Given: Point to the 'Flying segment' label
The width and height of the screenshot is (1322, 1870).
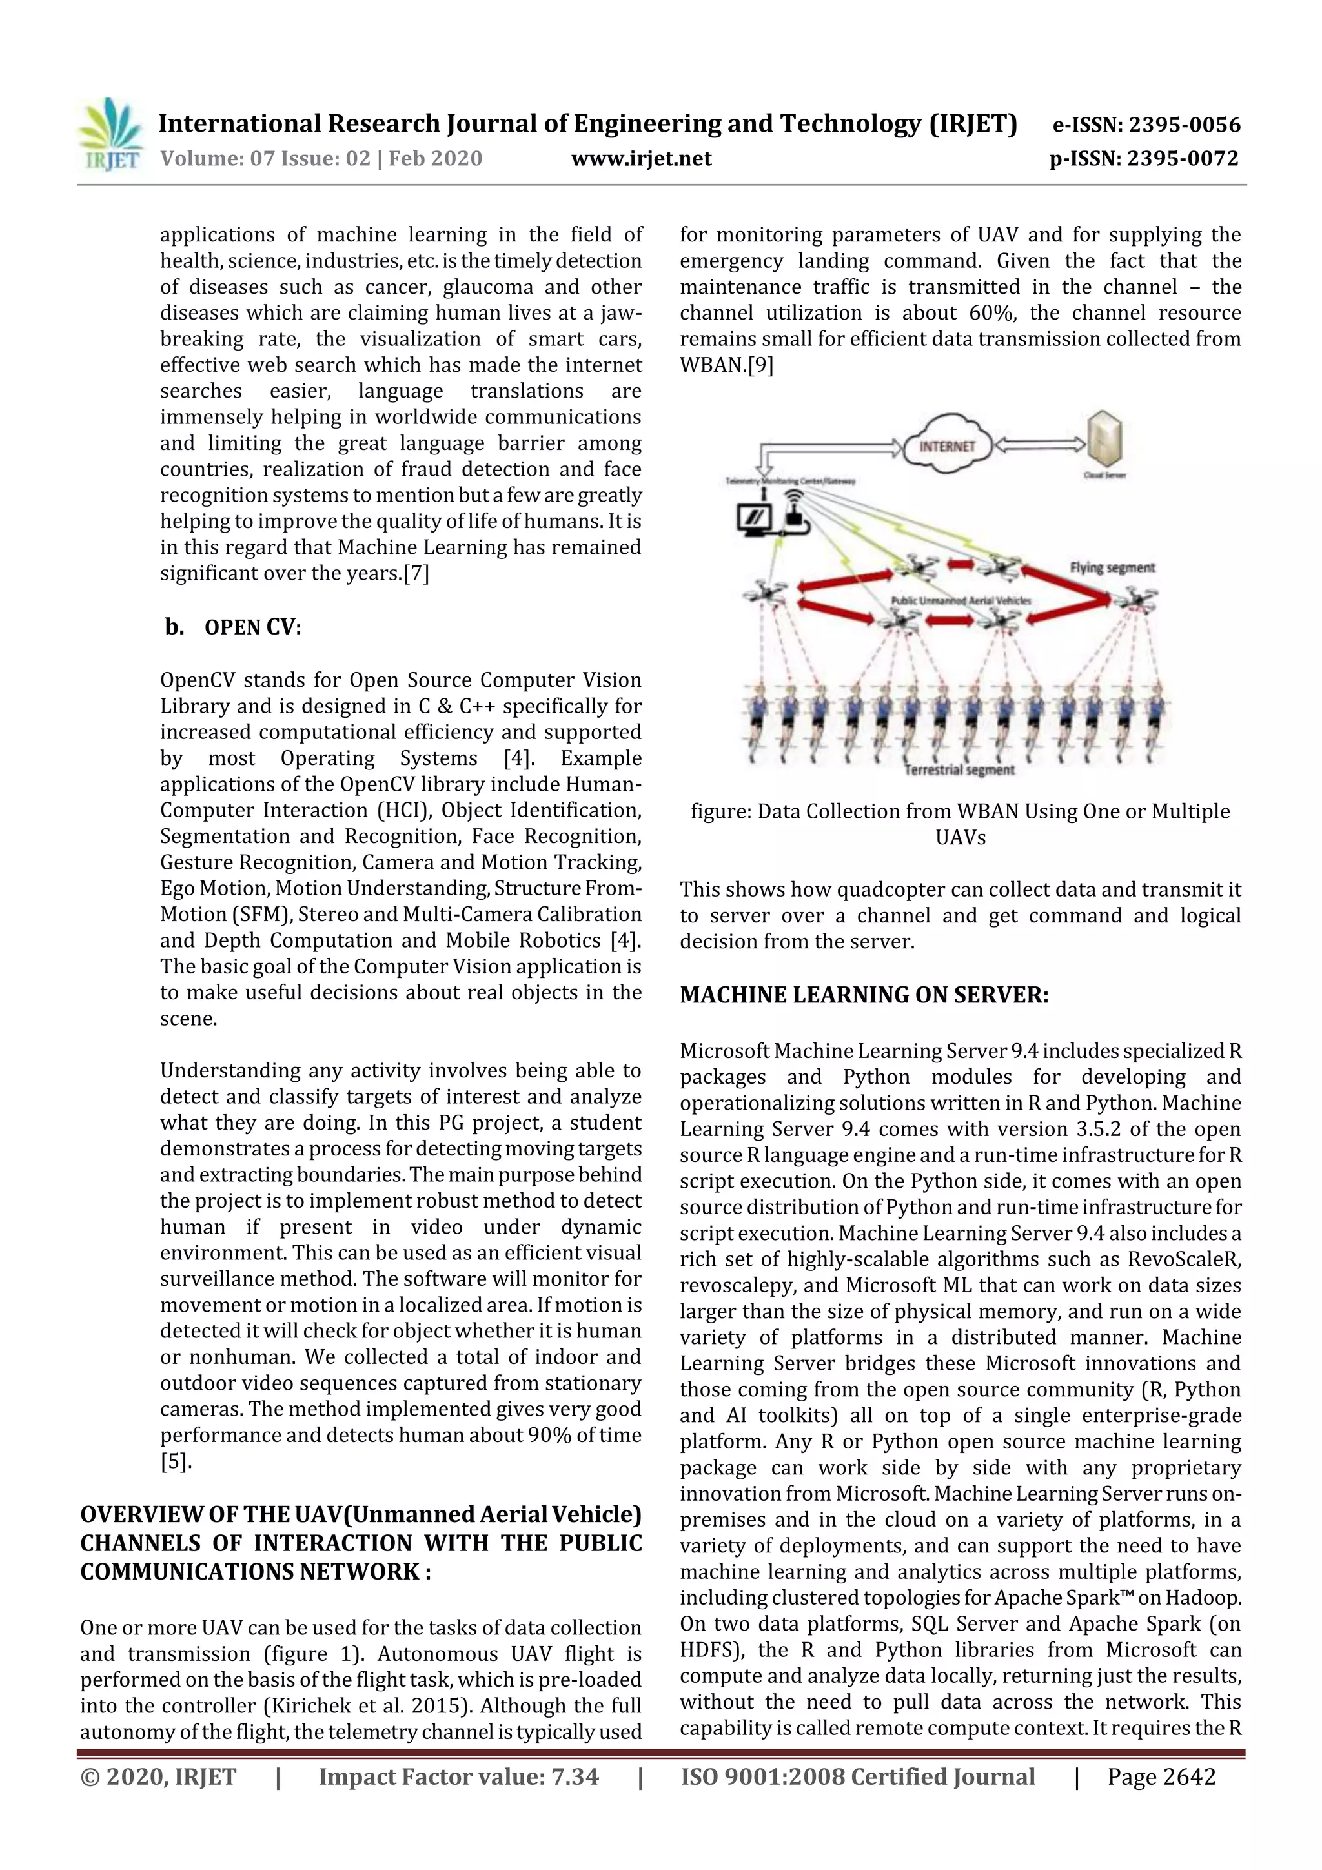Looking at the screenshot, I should pyautogui.click(x=1111, y=567).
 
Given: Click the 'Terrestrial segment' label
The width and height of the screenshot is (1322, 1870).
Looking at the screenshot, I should pyautogui.click(x=959, y=769).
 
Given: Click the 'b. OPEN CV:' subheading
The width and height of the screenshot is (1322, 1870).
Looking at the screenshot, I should pyautogui.click(x=232, y=627).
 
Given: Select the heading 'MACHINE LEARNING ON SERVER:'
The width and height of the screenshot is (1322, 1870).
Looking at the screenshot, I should pyautogui.click(x=864, y=995).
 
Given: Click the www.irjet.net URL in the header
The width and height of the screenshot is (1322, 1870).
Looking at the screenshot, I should pyautogui.click(x=641, y=159).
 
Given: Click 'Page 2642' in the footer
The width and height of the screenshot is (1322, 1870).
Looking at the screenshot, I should pyautogui.click(x=1161, y=1776).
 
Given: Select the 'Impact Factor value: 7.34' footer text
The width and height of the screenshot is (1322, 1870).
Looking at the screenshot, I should pyautogui.click(x=458, y=1776).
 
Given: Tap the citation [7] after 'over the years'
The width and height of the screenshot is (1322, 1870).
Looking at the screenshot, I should pyautogui.click(x=416, y=573).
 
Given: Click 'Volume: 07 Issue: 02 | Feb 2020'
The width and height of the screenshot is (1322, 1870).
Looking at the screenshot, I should pyautogui.click(x=321, y=159).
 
